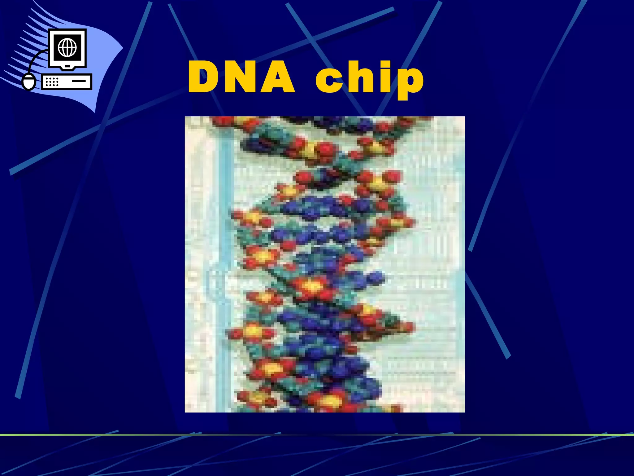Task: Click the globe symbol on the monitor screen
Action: pyautogui.click(x=67, y=48)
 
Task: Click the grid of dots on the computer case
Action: pyautogui.click(x=52, y=82)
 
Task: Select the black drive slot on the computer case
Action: pyautogui.click(x=79, y=81)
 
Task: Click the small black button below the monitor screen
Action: pyautogui.click(x=67, y=66)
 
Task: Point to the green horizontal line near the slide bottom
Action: pyautogui.click(x=317, y=435)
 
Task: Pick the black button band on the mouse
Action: pyautogui.click(x=29, y=78)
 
